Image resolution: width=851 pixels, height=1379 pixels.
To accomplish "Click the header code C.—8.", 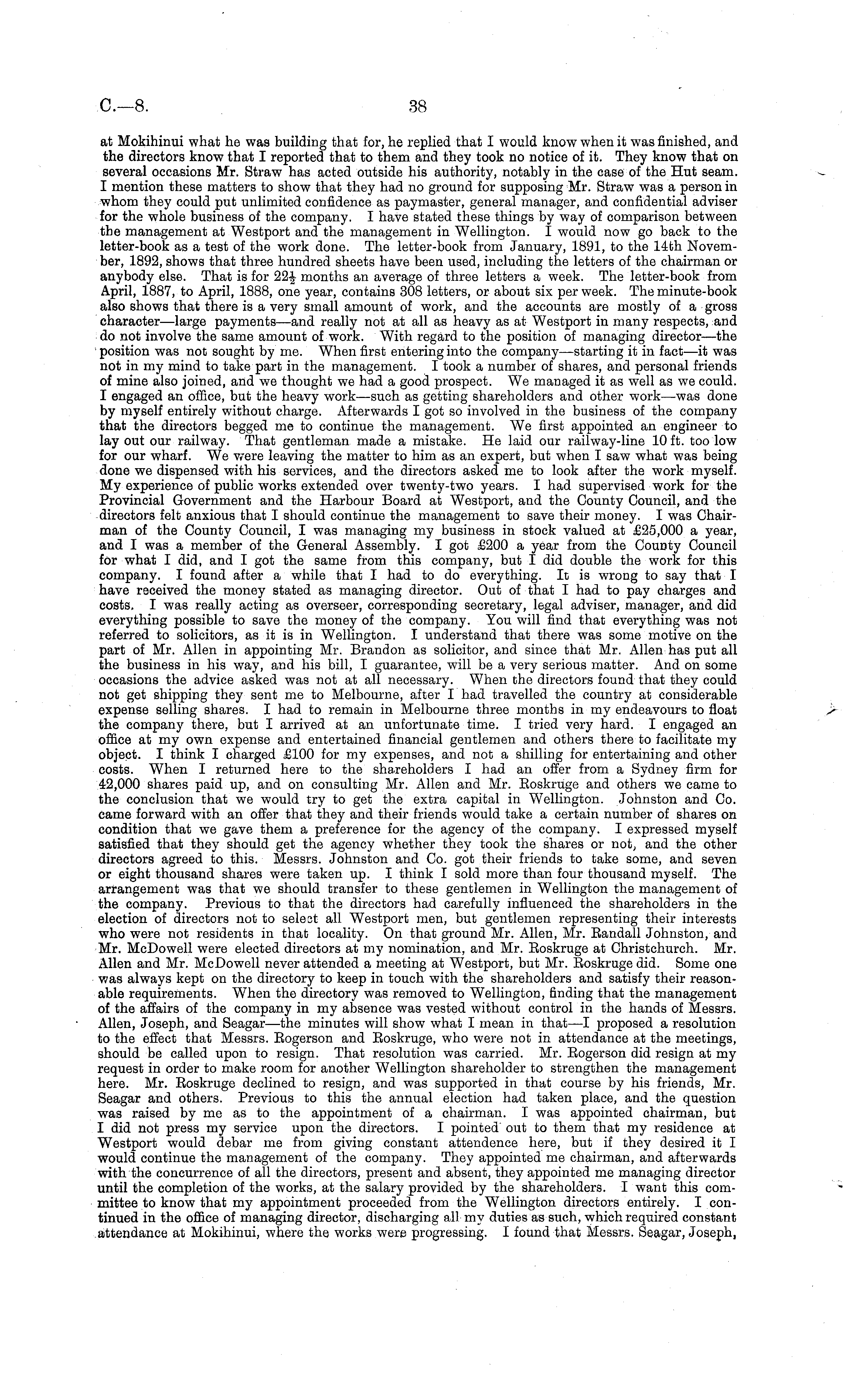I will [x=125, y=106].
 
